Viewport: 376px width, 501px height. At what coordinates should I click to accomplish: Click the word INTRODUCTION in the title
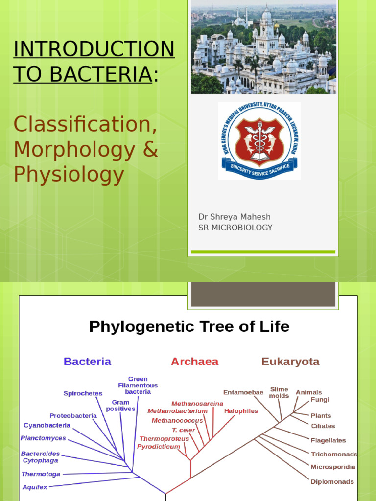click(x=94, y=49)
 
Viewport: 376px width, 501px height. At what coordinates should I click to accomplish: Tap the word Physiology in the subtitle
click(x=69, y=174)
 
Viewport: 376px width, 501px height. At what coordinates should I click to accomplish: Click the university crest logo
click(x=259, y=141)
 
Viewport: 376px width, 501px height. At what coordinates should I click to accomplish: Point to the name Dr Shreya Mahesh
click(x=234, y=217)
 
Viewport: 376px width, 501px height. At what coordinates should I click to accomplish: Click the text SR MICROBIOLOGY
click(x=235, y=228)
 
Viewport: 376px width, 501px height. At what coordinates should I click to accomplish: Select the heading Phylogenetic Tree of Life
click(x=189, y=326)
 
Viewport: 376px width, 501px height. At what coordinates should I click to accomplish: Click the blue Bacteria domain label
click(x=87, y=362)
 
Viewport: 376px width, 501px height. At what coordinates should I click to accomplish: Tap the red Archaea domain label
click(x=194, y=362)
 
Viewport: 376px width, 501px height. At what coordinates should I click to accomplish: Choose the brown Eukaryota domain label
click(x=290, y=362)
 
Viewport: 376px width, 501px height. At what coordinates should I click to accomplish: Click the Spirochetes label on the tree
click(x=83, y=393)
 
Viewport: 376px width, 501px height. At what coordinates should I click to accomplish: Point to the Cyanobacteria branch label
click(x=47, y=426)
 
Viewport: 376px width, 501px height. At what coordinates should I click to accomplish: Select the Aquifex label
click(x=35, y=487)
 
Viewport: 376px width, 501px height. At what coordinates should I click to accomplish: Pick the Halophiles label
click(x=241, y=411)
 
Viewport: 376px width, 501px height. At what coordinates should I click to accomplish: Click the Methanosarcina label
click(x=197, y=404)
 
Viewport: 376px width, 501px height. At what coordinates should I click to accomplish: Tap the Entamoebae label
click(x=243, y=392)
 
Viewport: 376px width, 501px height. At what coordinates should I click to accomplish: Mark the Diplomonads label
click(x=332, y=482)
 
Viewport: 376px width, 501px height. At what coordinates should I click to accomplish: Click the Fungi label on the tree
click(x=320, y=400)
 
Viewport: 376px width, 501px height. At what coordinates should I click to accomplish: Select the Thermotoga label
click(x=41, y=474)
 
